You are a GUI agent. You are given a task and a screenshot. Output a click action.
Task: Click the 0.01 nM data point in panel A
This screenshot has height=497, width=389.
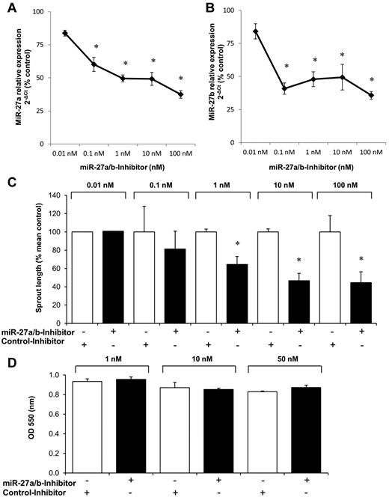click(65, 33)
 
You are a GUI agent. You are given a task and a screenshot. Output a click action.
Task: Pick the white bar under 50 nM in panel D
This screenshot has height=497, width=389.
click(287, 435)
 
